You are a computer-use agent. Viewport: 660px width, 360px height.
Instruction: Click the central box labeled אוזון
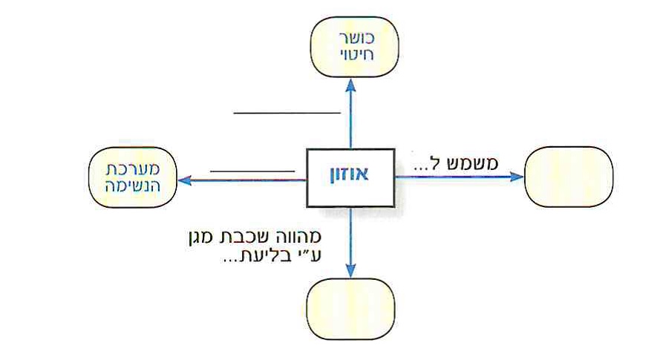tap(350, 177)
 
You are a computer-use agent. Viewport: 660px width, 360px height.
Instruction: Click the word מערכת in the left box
tap(131, 168)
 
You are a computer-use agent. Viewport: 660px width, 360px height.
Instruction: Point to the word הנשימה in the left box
tap(131, 186)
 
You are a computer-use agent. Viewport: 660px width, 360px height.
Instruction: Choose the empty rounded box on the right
tap(569, 177)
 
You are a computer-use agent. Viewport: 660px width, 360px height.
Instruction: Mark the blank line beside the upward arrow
tap(287, 114)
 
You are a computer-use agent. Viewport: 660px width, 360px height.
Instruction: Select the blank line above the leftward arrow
tap(252, 171)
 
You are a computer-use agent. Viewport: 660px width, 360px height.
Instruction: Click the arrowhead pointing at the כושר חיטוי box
tap(350, 83)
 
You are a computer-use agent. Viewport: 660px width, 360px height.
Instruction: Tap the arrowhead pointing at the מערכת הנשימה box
tap(184, 179)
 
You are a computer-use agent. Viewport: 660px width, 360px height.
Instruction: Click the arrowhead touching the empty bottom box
tap(350, 273)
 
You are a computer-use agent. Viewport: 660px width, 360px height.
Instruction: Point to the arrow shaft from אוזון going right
tap(453, 177)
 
